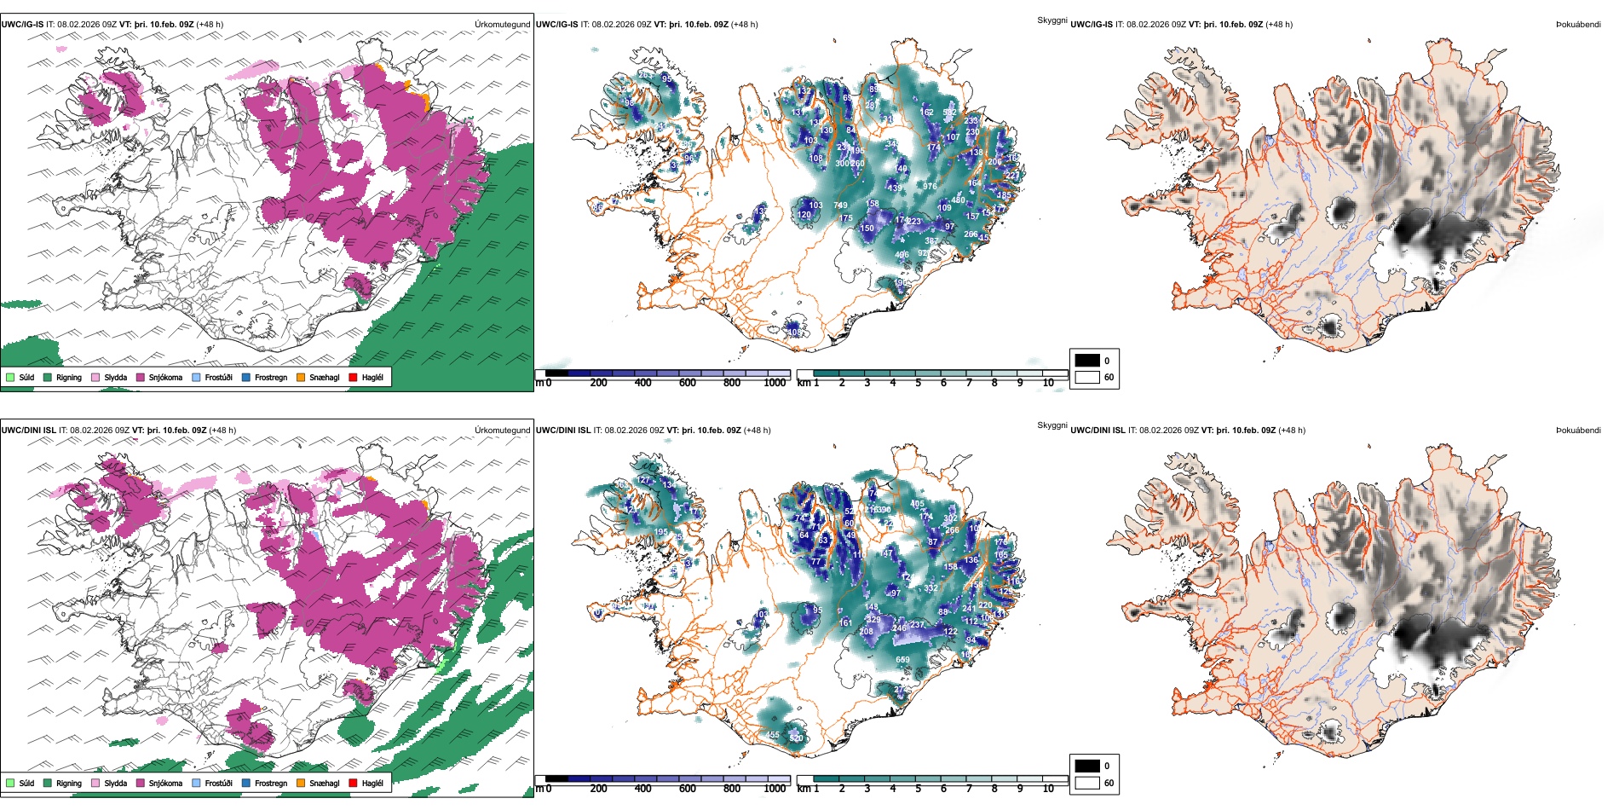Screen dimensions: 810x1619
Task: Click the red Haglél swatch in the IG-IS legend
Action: click(353, 377)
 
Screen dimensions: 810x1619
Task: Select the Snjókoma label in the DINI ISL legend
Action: click(165, 783)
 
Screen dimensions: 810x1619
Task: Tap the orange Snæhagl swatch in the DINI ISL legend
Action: click(301, 783)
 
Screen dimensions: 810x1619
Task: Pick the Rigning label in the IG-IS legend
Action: click(69, 377)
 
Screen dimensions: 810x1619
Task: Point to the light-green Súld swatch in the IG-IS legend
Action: click(10, 377)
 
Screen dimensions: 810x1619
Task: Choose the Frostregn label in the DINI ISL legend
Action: click(271, 783)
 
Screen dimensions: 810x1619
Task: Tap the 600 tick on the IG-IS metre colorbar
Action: click(687, 383)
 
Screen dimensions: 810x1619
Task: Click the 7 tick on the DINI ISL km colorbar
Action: click(969, 789)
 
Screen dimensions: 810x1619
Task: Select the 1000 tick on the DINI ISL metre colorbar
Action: click(775, 789)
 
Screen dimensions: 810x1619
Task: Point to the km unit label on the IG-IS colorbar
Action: click(803, 383)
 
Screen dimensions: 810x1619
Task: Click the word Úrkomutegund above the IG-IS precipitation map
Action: click(502, 25)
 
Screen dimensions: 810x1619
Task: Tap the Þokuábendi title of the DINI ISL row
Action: click(1578, 431)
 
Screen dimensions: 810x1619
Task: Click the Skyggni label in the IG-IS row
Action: click(1051, 20)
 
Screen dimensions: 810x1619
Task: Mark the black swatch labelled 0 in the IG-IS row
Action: click(1087, 361)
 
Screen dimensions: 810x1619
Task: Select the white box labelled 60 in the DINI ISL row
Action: click(1087, 783)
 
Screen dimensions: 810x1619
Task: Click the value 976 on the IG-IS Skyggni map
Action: click(929, 187)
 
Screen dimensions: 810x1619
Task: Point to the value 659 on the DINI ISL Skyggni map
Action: click(902, 660)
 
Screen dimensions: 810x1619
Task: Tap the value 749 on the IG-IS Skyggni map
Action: click(840, 205)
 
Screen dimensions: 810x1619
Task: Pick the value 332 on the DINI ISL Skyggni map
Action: click(930, 588)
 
